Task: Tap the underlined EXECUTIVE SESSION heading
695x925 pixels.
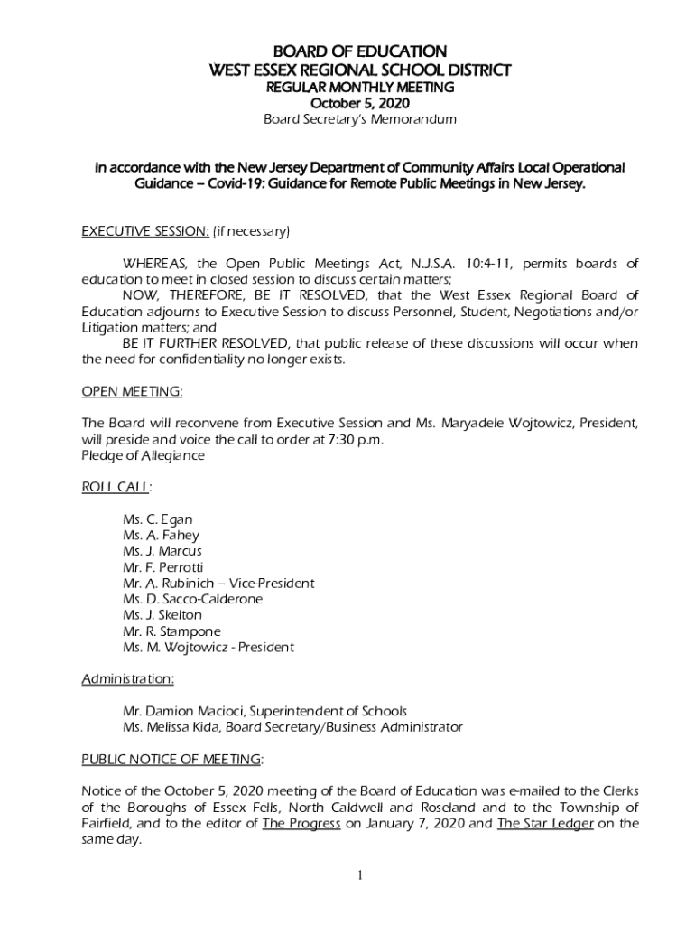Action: pos(145,232)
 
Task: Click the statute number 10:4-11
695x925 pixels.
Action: pos(489,264)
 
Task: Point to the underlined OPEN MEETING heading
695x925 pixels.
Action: pos(132,391)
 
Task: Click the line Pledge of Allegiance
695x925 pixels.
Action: pos(143,455)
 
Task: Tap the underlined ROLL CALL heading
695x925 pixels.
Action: pos(116,487)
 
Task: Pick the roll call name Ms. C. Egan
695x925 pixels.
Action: pos(157,519)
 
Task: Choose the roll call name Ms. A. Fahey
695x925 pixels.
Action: pos(161,535)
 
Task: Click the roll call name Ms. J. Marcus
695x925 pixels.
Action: pos(162,551)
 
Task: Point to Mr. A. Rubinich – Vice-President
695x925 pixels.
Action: pos(218,584)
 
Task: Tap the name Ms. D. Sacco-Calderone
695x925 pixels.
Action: pos(192,599)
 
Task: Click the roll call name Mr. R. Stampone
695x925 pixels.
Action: pos(171,631)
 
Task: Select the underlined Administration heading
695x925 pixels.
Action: pos(128,678)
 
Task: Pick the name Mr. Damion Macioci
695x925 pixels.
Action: pos(184,711)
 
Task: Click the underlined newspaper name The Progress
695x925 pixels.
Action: pos(301,823)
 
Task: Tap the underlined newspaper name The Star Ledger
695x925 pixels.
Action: pos(545,823)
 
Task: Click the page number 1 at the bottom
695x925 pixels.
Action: pos(360,875)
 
